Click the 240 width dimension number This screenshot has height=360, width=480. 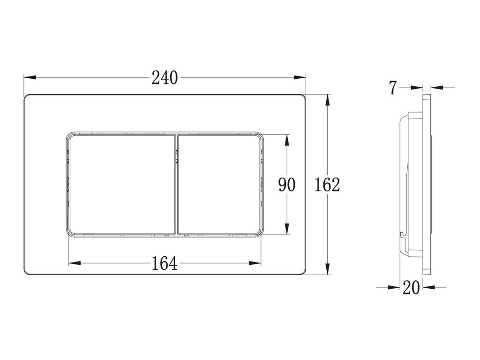click(165, 78)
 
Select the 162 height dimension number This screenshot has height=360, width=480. click(328, 185)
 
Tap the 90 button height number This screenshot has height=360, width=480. click(287, 185)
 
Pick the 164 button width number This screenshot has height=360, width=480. click(165, 263)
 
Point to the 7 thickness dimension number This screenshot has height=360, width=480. click(393, 88)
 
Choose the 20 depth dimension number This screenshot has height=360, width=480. click(411, 287)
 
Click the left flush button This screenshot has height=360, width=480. click(121, 184)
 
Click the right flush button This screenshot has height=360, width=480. click(219, 184)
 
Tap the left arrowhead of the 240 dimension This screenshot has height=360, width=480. click(30, 77)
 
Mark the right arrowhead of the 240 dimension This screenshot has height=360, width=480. click(300, 77)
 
